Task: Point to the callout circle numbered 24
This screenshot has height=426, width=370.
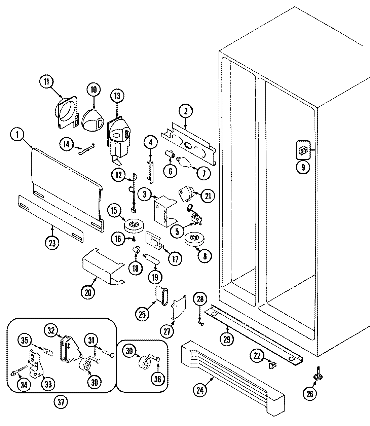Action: pos(200,391)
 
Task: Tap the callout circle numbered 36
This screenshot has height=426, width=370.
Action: pos(158,379)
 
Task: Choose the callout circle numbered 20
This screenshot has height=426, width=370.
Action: pos(88,292)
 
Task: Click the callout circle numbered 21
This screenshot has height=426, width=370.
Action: pos(207,196)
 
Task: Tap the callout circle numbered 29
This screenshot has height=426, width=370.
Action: pos(227,339)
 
